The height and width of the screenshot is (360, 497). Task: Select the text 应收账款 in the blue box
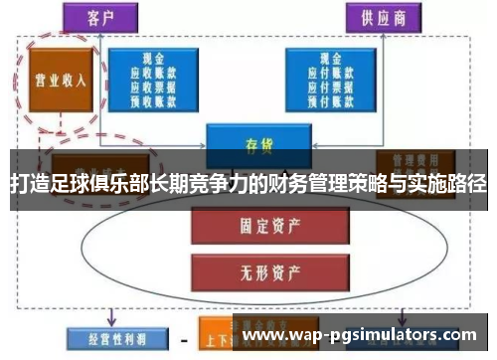click(x=157, y=73)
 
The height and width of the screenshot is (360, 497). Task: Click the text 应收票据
click(x=157, y=86)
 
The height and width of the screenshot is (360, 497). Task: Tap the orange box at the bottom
click(x=213, y=334)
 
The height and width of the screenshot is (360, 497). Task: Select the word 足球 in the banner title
click(x=62, y=185)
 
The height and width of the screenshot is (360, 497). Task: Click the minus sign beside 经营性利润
click(x=181, y=335)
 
